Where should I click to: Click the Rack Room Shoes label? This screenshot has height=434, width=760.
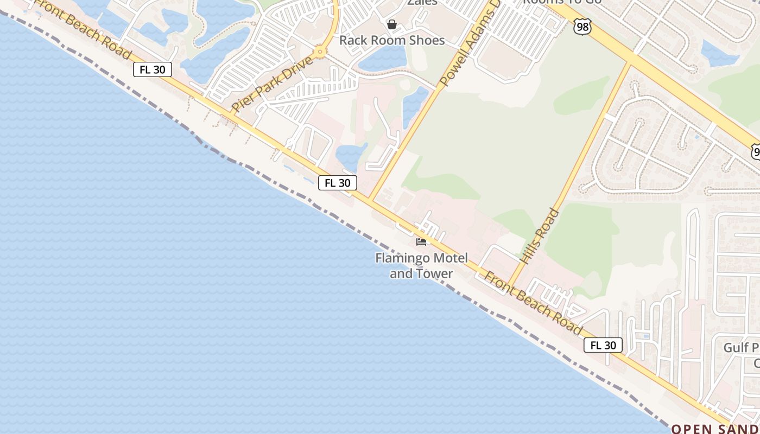tap(391, 40)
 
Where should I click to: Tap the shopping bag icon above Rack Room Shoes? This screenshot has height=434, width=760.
tap(391, 24)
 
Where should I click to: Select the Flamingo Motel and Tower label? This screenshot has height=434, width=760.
tap(421, 265)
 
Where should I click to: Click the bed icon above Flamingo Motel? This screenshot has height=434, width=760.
tap(421, 241)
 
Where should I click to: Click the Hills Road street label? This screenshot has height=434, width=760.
tap(539, 236)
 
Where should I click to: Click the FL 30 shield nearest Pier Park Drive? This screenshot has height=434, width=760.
tap(153, 69)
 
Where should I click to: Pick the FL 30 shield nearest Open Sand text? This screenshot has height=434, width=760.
tap(603, 345)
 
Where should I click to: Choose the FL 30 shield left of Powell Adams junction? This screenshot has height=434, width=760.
tap(337, 183)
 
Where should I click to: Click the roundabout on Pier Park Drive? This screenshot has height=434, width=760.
tap(320, 52)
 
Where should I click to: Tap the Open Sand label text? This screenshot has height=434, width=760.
tap(715, 429)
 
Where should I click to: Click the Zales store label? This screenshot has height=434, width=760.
tap(422, 2)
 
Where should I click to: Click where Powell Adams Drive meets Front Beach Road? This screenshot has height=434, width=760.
tap(370, 199)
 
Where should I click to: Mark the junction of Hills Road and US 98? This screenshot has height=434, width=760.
tap(631, 61)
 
